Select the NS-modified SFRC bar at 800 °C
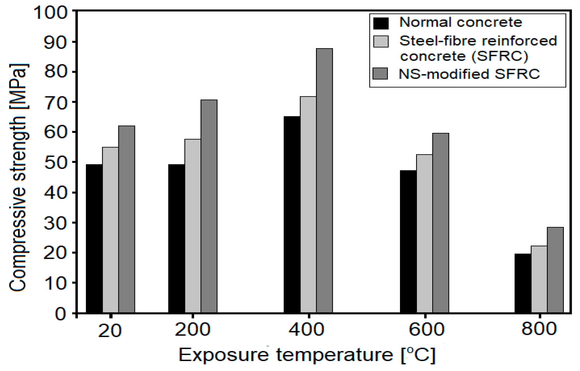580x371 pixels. coord(555,270)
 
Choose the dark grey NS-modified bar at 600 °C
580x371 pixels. coord(440,223)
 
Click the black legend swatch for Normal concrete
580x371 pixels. coord(381,23)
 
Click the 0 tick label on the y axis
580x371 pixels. coord(61,314)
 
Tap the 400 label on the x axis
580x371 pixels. coord(306,330)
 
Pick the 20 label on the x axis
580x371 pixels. coord(110,331)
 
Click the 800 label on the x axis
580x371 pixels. coord(539,329)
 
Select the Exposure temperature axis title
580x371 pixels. coord(307,355)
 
